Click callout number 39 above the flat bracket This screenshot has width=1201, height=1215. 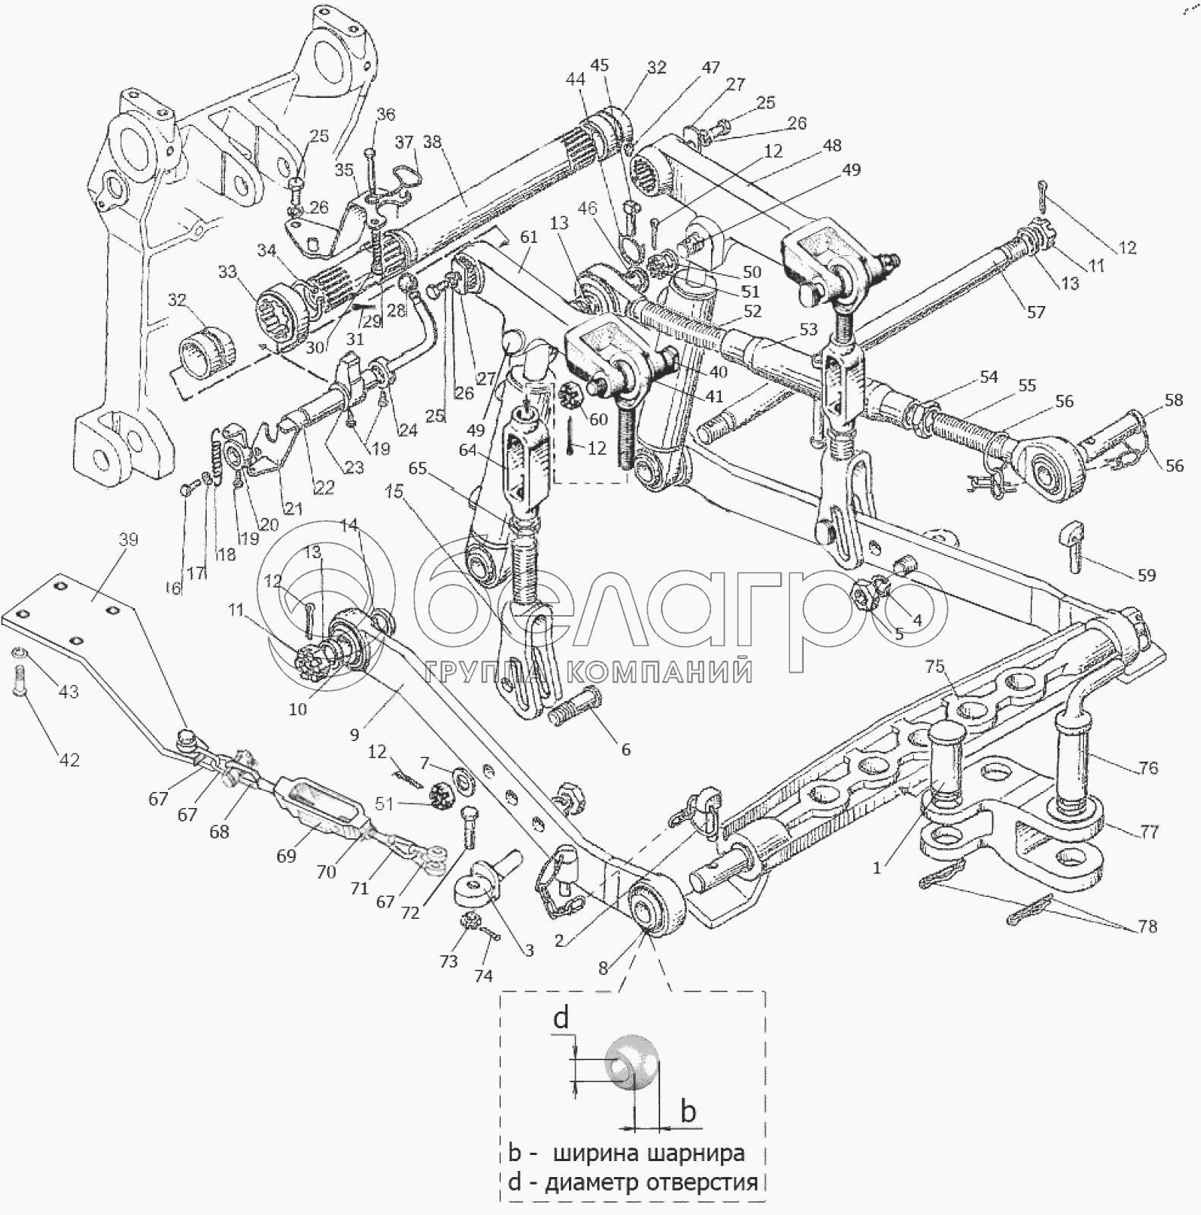(x=128, y=540)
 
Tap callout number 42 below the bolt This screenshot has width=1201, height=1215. (x=69, y=759)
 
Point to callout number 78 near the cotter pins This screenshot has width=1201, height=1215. (x=1147, y=926)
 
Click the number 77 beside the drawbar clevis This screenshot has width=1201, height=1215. (x=1149, y=832)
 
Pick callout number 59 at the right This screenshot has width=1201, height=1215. (x=1146, y=576)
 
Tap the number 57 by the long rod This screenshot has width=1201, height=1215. (x=1035, y=311)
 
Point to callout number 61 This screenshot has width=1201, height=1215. (x=529, y=237)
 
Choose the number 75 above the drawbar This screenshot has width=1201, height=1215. (x=934, y=667)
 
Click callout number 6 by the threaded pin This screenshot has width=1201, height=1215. (x=625, y=750)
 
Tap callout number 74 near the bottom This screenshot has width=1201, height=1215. (x=483, y=977)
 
